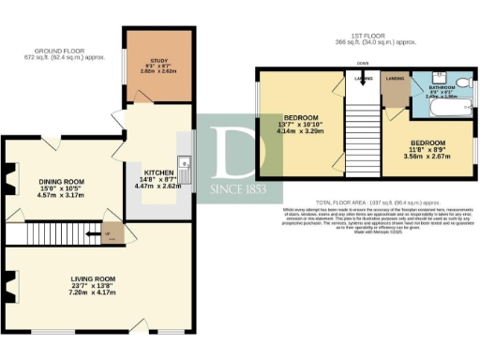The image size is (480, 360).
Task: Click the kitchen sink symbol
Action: click(x=187, y=169)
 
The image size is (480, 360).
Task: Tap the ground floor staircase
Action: click(x=52, y=233)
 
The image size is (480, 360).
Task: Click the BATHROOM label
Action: click(x=442, y=87)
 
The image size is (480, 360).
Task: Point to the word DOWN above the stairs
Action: click(x=362, y=65)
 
